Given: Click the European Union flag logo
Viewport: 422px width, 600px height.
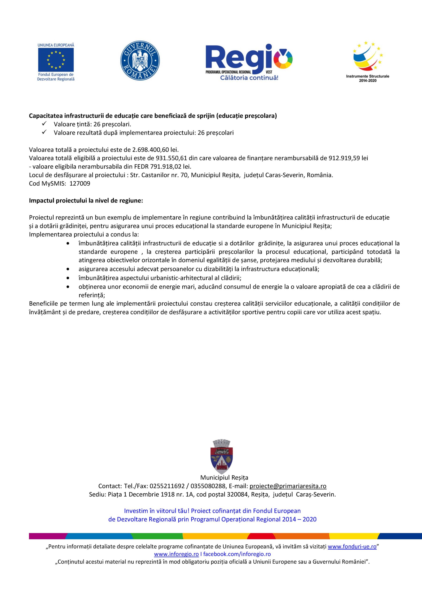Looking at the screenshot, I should tap(56, 60).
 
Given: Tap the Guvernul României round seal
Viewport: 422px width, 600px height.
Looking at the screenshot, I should tap(140, 61).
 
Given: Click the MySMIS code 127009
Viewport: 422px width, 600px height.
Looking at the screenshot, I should tap(80, 184).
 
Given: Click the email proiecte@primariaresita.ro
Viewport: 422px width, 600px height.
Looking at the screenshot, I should tap(288, 486).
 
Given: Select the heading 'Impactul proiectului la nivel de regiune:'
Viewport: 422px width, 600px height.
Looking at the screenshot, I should tap(86, 201).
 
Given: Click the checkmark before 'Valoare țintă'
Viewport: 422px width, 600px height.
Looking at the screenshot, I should tap(44, 124).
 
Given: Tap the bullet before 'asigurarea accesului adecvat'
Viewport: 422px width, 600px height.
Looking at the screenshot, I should tap(68, 269).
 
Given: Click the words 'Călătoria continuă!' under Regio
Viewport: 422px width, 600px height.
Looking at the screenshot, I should tap(249, 78).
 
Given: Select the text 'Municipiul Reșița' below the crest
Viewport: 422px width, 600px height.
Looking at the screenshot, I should tap(224, 477).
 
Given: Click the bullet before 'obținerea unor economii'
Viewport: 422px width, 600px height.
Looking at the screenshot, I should tap(68, 287).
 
